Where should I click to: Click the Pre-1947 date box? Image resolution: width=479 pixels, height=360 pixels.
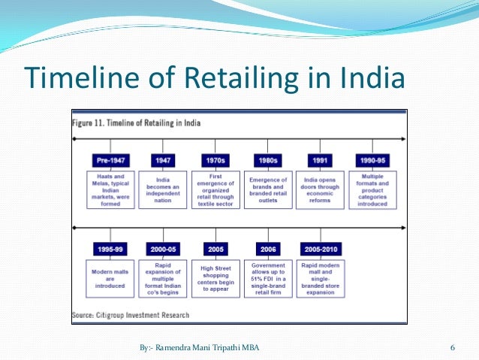click(111, 160)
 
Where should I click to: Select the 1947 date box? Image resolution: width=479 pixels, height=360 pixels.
click(163, 160)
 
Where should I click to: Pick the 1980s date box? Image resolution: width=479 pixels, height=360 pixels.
click(267, 160)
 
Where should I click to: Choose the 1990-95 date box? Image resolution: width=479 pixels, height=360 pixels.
click(373, 160)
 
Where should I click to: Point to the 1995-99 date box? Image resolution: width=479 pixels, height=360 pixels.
click(111, 250)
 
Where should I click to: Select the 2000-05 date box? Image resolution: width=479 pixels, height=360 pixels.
click(163, 250)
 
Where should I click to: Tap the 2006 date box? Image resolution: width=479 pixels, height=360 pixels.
click(267, 250)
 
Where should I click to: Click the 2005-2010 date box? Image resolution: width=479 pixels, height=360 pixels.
click(321, 250)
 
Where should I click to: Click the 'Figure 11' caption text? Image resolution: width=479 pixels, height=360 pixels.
click(136, 122)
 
